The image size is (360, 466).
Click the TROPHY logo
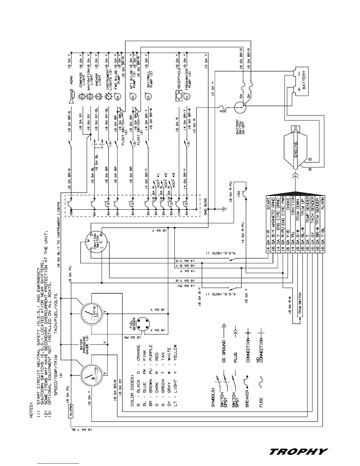pyautogui.click(x=299, y=451)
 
